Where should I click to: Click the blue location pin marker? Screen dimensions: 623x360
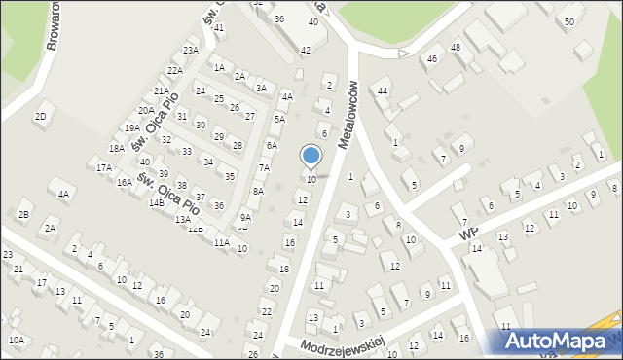click(x=311, y=157)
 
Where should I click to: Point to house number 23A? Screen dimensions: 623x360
click(x=190, y=51)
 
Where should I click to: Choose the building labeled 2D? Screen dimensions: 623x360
click(x=40, y=117)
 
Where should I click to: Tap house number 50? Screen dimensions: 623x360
click(x=568, y=21)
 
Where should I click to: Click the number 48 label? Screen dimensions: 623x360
click(x=456, y=48)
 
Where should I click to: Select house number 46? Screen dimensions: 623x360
click(x=432, y=59)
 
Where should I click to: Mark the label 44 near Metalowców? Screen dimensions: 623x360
click(x=384, y=90)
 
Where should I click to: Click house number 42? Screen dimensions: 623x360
click(x=306, y=50)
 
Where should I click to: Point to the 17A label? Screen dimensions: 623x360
click(x=103, y=167)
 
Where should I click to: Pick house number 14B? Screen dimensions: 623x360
click(x=156, y=202)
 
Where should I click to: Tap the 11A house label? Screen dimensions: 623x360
click(x=221, y=242)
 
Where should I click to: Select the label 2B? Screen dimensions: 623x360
click(x=23, y=214)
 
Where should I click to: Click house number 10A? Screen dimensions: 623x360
click(x=17, y=340)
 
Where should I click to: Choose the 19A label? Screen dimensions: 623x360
click(x=132, y=127)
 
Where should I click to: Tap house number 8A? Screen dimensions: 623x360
click(x=258, y=192)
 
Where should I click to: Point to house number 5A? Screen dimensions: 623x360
click(x=278, y=119)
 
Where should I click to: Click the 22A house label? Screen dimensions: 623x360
click(x=174, y=70)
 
